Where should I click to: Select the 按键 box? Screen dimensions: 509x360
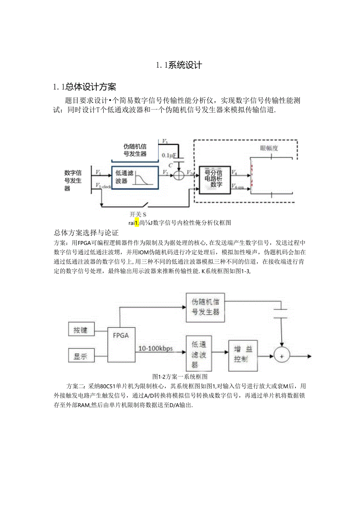coord(81,330)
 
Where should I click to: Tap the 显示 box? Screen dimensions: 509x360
coord(81,356)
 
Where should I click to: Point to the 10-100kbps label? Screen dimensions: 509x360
coord(156,348)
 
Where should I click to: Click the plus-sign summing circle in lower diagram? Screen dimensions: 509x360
coord(281,356)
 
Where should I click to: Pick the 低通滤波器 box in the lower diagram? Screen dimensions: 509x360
coord(199,354)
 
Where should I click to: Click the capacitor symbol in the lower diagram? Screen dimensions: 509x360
coord(281,311)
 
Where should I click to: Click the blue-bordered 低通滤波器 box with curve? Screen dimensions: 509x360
coord(135,177)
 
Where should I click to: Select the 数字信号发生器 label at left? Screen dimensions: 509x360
coord(73,180)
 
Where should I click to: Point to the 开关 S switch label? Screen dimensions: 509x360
coord(138,214)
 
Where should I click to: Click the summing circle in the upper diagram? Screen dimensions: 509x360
coord(178,175)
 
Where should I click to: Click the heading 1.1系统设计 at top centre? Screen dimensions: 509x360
coord(179,65)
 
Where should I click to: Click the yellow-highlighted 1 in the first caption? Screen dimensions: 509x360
coord(137,223)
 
